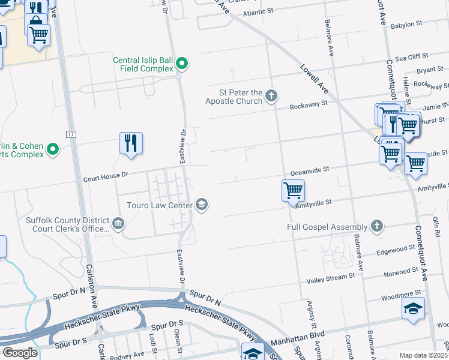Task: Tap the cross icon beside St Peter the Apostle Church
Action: (271, 95)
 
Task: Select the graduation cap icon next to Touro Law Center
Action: (202, 205)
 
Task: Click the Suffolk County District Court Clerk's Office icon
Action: (118, 225)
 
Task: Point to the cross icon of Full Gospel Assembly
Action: (376, 226)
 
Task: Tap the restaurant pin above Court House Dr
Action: (131, 143)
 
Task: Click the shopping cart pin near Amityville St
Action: (293, 191)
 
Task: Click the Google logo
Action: (20, 353)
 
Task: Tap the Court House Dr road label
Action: (106, 177)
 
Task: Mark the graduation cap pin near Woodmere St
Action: (413, 308)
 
